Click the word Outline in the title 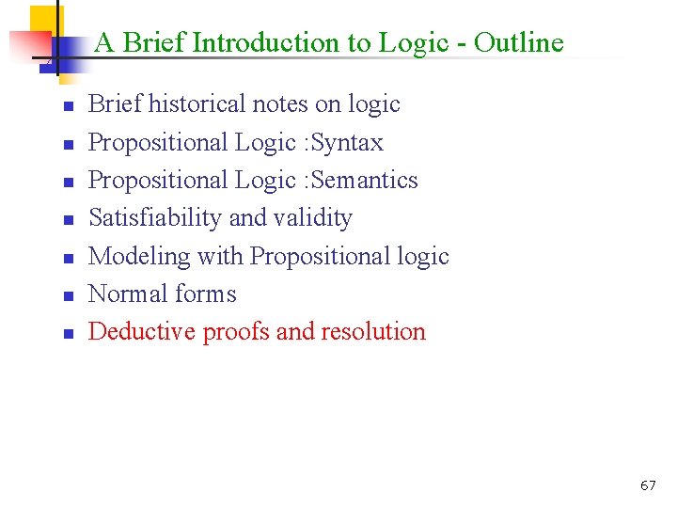518,42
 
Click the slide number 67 648,485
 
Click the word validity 313,217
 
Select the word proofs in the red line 235,332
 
